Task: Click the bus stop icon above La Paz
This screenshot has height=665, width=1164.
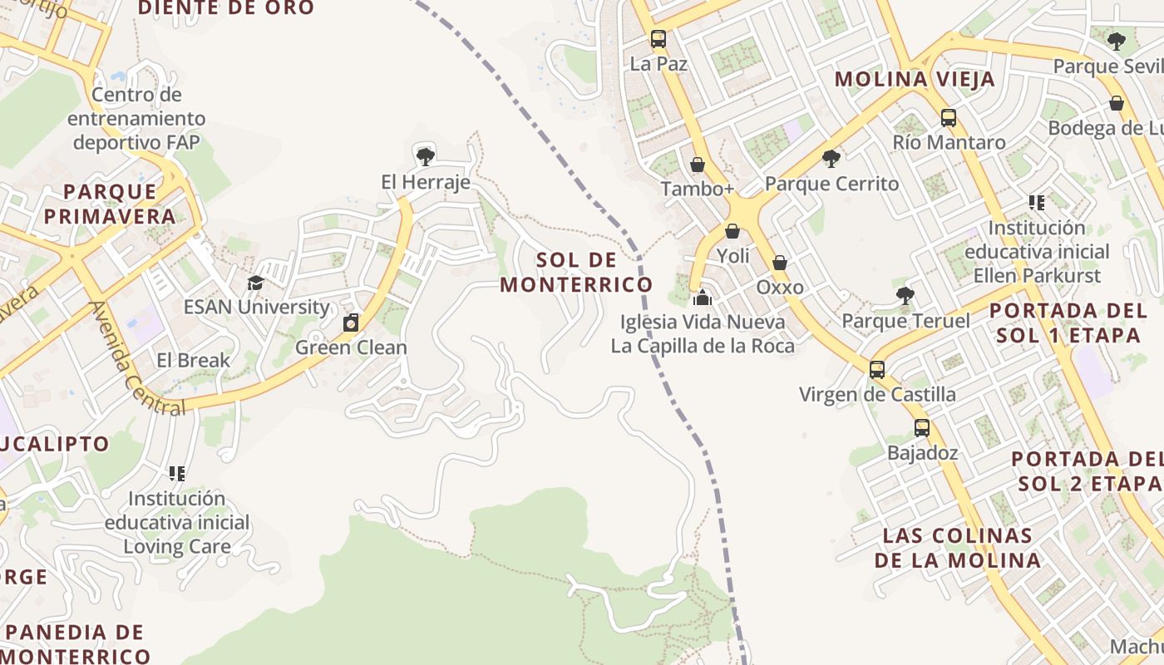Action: pos(658,39)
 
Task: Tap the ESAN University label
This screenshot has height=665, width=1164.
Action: pos(256,307)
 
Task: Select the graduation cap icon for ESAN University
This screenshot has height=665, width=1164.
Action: pos(255,283)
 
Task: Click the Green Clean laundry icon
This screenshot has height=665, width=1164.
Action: pos(351,323)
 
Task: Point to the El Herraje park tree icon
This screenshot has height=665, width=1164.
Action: pos(425,156)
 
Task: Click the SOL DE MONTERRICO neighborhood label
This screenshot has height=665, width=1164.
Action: pos(575,272)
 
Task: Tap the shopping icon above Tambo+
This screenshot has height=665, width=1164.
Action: pos(698,165)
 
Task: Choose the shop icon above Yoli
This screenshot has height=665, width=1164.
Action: pos(732,231)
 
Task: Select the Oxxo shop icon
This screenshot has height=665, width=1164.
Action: pos(780,264)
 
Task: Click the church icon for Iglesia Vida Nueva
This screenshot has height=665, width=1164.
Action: pos(703,297)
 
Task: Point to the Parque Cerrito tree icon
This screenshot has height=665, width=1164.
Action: pos(831,159)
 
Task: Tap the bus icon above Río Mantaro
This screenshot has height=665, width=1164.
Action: pos(949,118)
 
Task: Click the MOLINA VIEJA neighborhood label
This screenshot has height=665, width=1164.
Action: pos(915,79)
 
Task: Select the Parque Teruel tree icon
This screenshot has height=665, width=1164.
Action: pos(905,296)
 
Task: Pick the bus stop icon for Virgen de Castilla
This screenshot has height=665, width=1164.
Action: pos(877,370)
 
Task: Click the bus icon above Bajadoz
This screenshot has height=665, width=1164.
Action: pos(922,429)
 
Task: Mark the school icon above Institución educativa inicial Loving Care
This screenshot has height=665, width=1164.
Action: pos(176,474)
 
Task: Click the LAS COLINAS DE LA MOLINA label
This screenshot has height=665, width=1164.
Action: pos(957,548)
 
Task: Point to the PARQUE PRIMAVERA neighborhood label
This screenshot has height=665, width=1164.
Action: pos(110,204)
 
